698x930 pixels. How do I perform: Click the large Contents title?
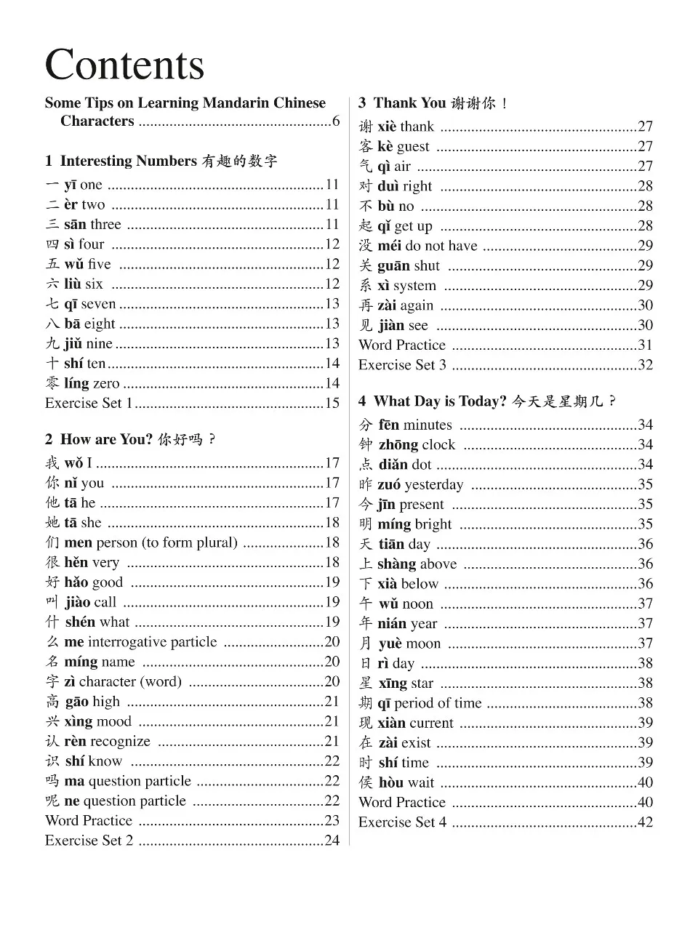coord(124,65)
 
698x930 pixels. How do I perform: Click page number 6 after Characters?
coord(336,121)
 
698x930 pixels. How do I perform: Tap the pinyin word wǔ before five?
coord(73,264)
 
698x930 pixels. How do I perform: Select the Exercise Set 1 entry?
coord(89,403)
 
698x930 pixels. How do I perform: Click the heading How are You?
coord(106,439)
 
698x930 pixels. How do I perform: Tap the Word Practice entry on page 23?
coord(89,821)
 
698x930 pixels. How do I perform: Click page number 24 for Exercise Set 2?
coord(332,841)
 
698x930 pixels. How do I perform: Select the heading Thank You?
coord(409,103)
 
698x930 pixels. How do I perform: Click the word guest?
coord(413,146)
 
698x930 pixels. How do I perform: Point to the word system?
coord(414,286)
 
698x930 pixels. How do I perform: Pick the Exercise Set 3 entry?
coord(402,365)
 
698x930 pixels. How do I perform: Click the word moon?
coord(423,644)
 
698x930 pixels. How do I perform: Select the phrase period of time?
coord(438,703)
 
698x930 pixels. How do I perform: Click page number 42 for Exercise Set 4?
coord(645,822)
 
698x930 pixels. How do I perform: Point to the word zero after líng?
coord(106,383)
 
